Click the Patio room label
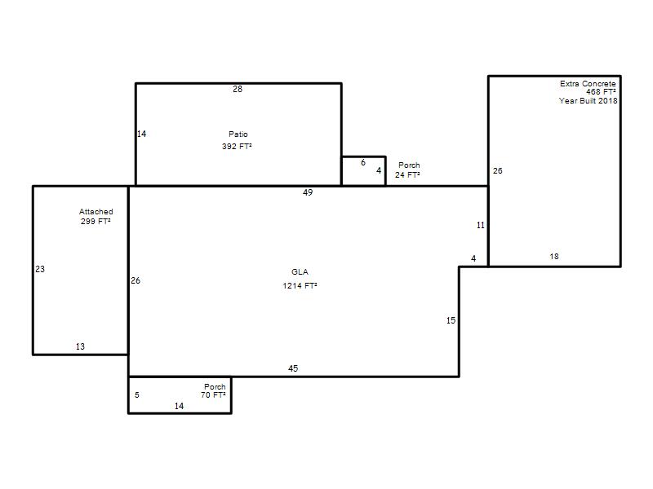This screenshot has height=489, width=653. [x=238, y=134]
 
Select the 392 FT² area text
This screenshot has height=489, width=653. [x=237, y=146]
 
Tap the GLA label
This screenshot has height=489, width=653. [x=300, y=272]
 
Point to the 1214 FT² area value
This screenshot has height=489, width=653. [x=300, y=286]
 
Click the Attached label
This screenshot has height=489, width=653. [x=96, y=212]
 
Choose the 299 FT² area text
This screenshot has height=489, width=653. [x=96, y=221]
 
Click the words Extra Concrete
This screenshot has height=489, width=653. [x=588, y=84]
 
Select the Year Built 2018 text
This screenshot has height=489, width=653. [x=588, y=100]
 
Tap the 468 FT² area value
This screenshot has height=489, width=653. [x=601, y=92]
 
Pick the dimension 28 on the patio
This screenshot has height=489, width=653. [x=238, y=89]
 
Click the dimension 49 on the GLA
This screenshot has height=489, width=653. [x=308, y=192]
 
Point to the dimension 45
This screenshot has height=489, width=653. [x=293, y=368]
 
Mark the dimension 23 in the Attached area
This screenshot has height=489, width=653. [x=40, y=269]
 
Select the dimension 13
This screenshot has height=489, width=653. [x=80, y=346]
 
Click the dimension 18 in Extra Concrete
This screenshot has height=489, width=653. [x=554, y=257]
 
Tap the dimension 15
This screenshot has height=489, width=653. [x=451, y=320]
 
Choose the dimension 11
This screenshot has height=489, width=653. [x=481, y=226]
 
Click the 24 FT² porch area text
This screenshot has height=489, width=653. [x=407, y=175]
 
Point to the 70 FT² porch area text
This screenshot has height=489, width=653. [x=213, y=395]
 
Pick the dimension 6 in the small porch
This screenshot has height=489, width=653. [x=363, y=162]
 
